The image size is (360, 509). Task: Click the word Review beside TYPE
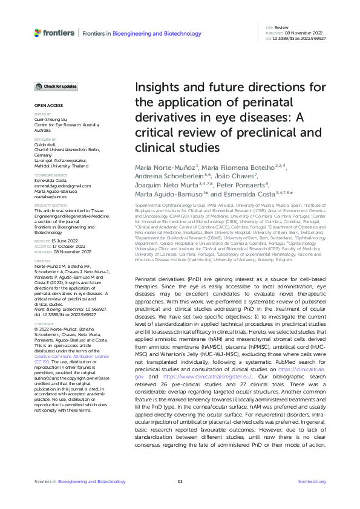click(x=281, y=28)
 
